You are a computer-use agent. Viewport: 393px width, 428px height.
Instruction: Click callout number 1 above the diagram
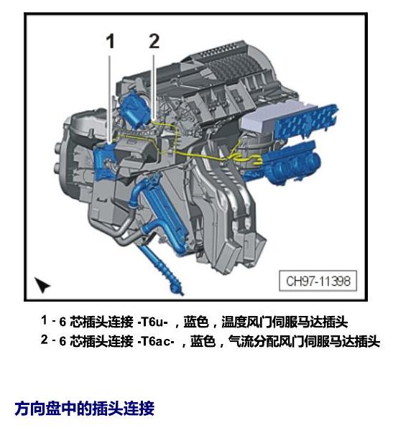(110, 42)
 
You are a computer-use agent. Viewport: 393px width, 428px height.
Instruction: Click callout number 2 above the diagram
(154, 41)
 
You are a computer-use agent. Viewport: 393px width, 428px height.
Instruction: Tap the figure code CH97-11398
(318, 281)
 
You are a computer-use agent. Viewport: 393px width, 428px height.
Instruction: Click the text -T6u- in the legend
(152, 322)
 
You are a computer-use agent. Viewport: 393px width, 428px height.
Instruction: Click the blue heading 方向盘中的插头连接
(85, 409)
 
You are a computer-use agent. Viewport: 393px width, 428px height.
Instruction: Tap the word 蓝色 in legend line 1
(196, 322)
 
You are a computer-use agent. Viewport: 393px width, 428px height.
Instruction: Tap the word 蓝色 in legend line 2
(203, 341)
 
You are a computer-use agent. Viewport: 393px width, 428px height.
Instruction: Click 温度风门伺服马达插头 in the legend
(285, 322)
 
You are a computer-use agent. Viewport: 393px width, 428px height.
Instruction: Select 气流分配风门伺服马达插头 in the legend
(304, 341)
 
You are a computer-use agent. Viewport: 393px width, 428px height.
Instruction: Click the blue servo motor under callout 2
(135, 108)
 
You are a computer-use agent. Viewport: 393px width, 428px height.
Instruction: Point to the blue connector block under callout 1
(103, 161)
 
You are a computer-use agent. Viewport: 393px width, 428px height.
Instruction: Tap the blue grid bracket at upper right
(307, 121)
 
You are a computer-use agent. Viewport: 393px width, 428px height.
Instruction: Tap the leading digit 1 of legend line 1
(44, 320)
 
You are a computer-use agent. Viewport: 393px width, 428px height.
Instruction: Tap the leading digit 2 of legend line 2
(45, 340)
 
